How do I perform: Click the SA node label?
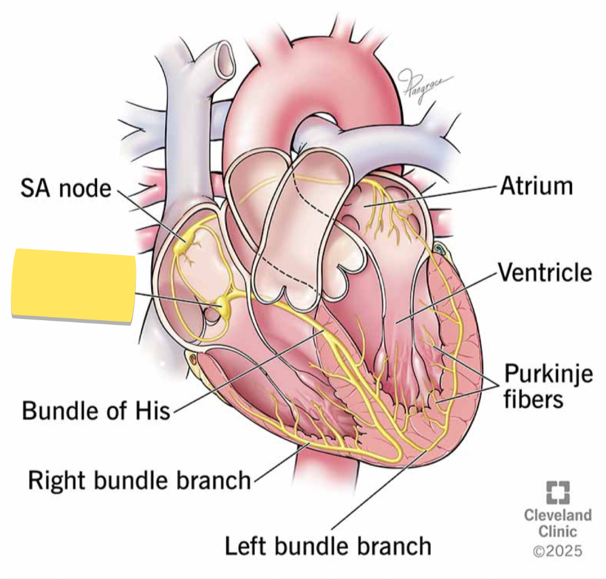point(66,189)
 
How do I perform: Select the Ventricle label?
point(545,272)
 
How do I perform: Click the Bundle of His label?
point(96,410)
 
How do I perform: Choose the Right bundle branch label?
point(140,481)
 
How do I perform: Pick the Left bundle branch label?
point(328,546)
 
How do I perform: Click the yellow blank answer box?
point(73,286)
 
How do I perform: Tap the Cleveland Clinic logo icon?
point(557,492)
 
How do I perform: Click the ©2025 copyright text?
point(557,551)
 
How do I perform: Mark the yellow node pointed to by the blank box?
point(223,304)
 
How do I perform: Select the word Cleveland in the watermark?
point(557,515)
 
